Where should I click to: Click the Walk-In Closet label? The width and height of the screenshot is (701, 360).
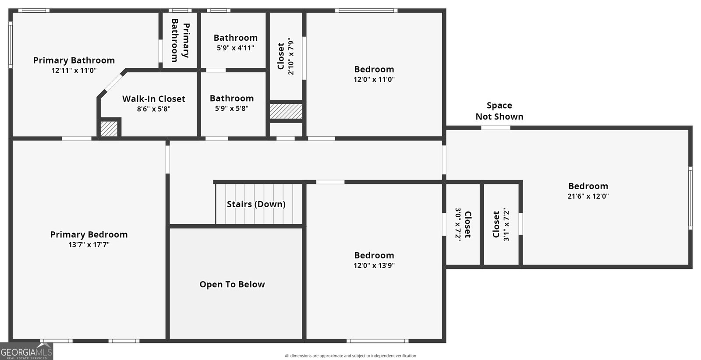click(154, 99)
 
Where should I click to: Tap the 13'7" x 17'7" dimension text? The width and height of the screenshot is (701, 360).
click(89, 244)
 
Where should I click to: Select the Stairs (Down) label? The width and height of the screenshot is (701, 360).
click(256, 204)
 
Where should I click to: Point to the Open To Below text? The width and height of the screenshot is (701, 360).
click(232, 284)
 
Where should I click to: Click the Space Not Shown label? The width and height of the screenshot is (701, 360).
click(499, 111)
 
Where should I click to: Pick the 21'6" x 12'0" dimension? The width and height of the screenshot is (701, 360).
click(588, 196)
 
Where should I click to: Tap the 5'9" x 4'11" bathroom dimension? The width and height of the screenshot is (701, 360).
click(235, 48)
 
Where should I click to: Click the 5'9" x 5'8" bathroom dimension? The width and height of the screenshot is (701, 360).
click(232, 109)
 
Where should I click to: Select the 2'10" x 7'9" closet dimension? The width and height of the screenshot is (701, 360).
click(291, 56)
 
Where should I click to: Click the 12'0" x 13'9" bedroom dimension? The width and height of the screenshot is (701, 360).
click(374, 265)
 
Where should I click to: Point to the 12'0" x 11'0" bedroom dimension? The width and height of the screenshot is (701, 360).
click(374, 79)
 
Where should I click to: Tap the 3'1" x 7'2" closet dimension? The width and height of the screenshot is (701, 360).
click(506, 225)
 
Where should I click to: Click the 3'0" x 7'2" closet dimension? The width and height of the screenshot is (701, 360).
click(458, 224)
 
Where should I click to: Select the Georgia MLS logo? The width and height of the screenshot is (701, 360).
click(26, 352)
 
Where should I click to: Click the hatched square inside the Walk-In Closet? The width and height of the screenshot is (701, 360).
click(109, 129)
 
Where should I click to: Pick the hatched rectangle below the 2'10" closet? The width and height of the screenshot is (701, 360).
click(286, 111)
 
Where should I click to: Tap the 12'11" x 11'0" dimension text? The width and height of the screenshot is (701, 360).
click(74, 71)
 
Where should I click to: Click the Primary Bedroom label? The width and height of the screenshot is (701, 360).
click(89, 235)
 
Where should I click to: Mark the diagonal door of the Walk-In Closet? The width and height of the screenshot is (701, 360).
click(113, 83)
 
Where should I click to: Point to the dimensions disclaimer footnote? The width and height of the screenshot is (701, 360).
click(350, 356)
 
